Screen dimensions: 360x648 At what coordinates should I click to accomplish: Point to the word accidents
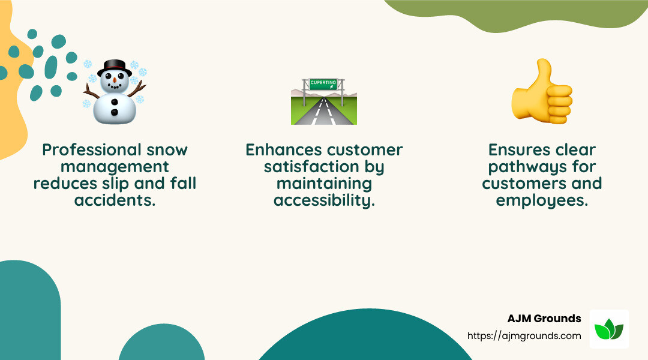coord(115,200)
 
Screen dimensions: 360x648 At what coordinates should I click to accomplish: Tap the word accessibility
coord(324,200)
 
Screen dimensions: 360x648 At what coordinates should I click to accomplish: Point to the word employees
coord(542,200)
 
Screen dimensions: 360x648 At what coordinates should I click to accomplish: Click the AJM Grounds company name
coord(544,319)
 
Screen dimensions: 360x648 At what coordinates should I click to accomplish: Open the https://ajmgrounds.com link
coord(524,336)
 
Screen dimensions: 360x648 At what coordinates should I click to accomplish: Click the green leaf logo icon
coord(608,329)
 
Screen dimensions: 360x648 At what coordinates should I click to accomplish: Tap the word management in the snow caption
coord(115,167)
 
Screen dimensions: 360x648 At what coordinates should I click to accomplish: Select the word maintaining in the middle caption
coord(324,184)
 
